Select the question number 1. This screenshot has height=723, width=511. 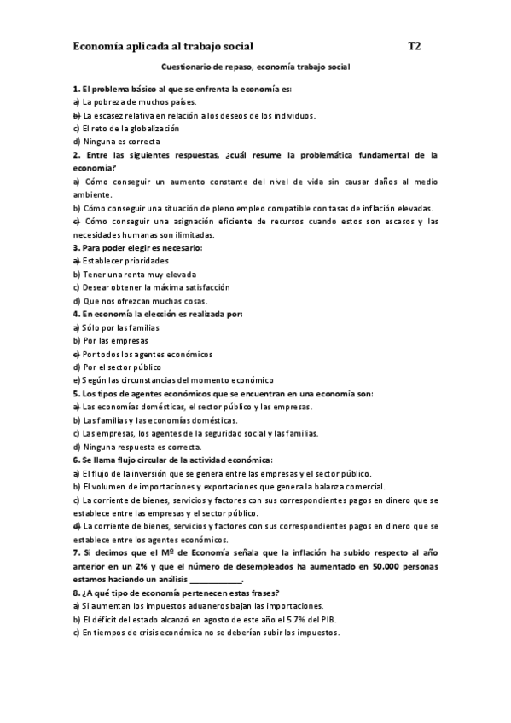(76, 89)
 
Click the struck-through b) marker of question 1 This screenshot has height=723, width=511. (76, 115)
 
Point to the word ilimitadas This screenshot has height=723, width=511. (192, 234)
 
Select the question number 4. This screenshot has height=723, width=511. (76, 314)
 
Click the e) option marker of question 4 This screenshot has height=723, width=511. (76, 353)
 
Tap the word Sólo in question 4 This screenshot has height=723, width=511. (92, 327)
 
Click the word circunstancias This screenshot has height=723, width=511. (148, 379)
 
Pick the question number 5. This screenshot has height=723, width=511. (76, 393)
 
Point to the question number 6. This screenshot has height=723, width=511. (76, 459)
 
